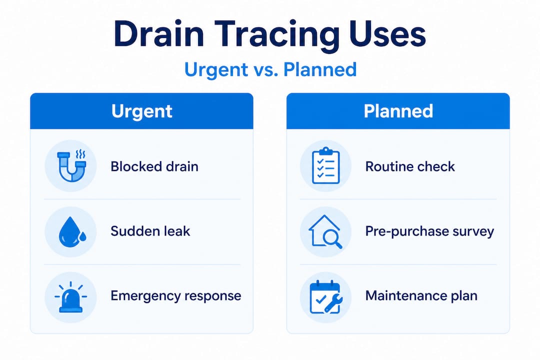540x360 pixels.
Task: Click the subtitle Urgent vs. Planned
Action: click(270, 69)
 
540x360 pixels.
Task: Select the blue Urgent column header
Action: click(141, 111)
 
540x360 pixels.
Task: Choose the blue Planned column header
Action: click(398, 111)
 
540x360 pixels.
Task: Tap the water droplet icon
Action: click(70, 231)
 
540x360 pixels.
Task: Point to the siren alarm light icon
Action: click(70, 297)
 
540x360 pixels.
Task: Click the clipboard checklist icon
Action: click(325, 166)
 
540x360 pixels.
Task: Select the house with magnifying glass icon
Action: click(325, 231)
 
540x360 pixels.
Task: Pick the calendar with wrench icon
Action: click(325, 297)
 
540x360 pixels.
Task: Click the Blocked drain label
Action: click(154, 166)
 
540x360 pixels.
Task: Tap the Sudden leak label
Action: click(150, 231)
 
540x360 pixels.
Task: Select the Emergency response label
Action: click(175, 295)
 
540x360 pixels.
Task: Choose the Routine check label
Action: click(410, 166)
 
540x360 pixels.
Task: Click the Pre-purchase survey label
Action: click(429, 231)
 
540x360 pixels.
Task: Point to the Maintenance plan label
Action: click(421, 295)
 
